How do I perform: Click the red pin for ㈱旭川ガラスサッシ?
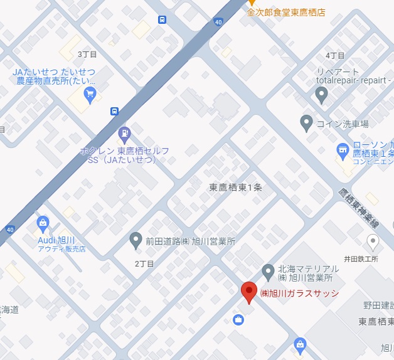pyautogui.click(x=248, y=292)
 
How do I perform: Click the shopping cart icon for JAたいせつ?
pyautogui.click(x=90, y=95)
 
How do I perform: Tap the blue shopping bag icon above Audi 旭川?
pyautogui.click(x=43, y=222)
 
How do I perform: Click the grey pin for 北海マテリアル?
pyautogui.click(x=268, y=271)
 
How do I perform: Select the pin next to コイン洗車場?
pyautogui.click(x=306, y=122)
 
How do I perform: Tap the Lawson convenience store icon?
pyautogui.click(x=343, y=150)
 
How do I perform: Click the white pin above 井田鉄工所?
pyautogui.click(x=373, y=241)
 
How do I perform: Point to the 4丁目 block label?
pyautogui.click(x=336, y=56)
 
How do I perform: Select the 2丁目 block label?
pyautogui.click(x=144, y=264)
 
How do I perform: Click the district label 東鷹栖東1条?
pyautogui.click(x=236, y=188)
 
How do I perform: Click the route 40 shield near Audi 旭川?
pyautogui.click(x=9, y=230)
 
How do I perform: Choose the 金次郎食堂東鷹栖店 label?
pyautogui.click(x=285, y=13)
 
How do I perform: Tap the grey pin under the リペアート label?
pyautogui.click(x=322, y=95)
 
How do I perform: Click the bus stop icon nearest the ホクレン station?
pyautogui.click(x=114, y=112)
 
